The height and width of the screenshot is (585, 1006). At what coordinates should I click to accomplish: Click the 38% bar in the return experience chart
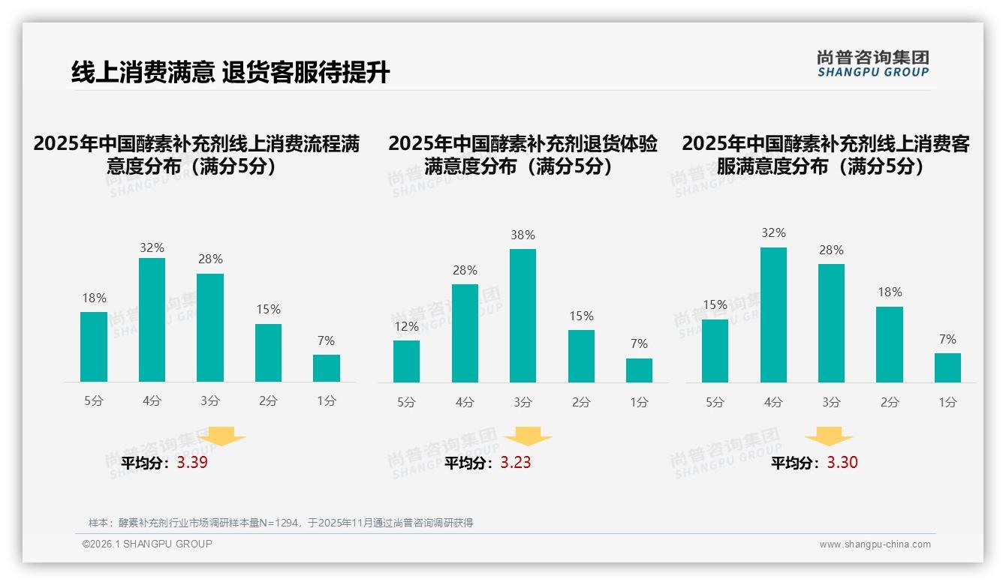(x=523, y=316)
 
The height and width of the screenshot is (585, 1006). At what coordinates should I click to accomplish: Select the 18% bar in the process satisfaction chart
(x=94, y=346)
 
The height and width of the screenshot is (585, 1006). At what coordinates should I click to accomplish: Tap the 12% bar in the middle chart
(x=406, y=361)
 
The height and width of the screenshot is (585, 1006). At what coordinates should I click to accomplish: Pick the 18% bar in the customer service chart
(x=890, y=344)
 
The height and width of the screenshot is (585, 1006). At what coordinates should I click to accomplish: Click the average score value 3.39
(x=192, y=463)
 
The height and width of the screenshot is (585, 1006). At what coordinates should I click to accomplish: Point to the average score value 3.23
(x=516, y=463)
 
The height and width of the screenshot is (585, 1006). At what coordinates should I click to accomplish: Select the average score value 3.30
(x=842, y=463)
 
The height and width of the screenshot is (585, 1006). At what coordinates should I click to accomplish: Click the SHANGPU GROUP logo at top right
(x=872, y=64)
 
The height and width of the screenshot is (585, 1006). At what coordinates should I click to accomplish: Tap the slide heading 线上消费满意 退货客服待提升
(x=230, y=73)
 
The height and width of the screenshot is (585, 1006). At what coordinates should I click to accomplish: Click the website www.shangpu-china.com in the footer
(x=875, y=544)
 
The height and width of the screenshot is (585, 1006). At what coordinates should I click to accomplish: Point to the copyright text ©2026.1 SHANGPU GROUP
(x=147, y=544)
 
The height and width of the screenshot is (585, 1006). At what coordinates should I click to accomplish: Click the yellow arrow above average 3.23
(x=528, y=436)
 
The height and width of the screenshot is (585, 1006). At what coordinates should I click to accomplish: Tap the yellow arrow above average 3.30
(x=829, y=436)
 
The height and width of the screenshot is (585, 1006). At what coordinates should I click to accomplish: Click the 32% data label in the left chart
(x=152, y=247)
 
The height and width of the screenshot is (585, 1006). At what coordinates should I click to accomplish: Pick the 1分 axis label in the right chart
(x=947, y=402)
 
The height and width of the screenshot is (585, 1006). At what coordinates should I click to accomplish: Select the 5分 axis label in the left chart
(x=94, y=401)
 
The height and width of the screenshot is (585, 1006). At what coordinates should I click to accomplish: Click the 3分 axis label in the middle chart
(x=523, y=402)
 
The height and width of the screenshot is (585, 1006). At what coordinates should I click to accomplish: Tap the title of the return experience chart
(x=523, y=154)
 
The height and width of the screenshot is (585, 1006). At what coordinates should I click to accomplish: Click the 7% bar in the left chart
(x=327, y=368)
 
